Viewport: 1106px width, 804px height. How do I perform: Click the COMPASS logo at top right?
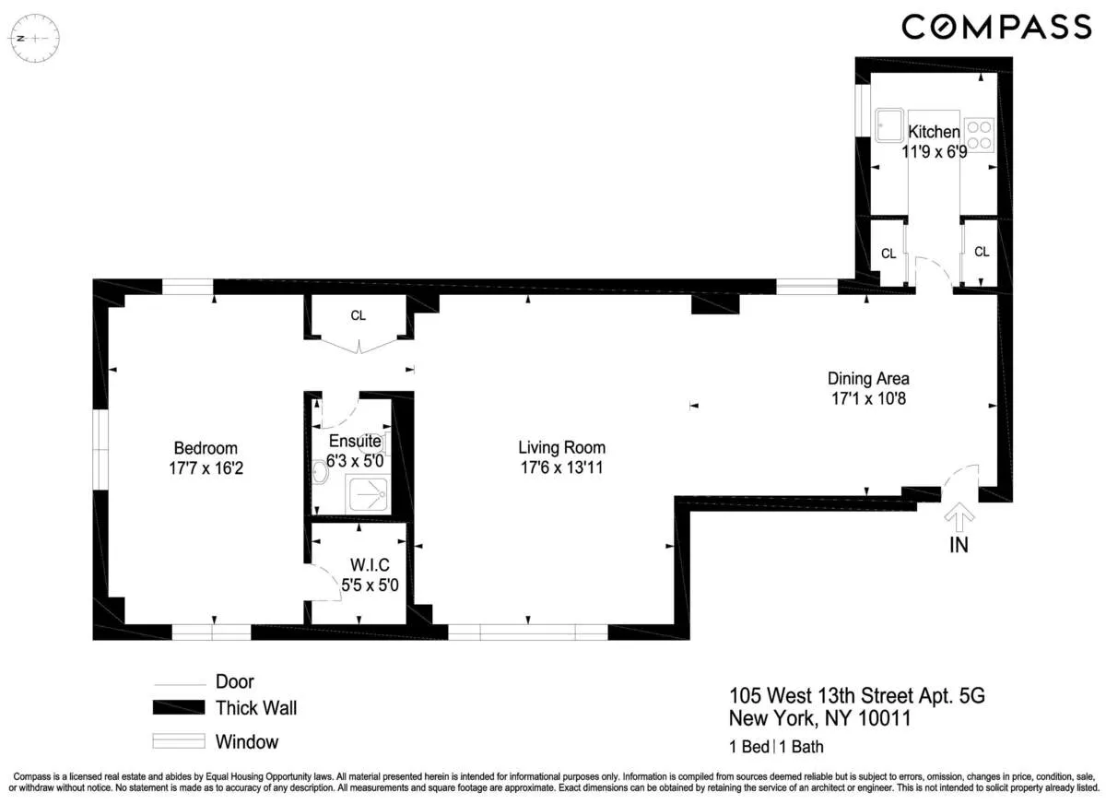pyautogui.click(x=995, y=27)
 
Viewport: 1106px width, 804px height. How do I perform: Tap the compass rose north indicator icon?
pyautogui.click(x=34, y=39)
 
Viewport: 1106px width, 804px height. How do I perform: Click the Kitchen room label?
pyautogui.click(x=934, y=133)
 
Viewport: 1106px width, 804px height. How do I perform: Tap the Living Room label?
pyautogui.click(x=561, y=448)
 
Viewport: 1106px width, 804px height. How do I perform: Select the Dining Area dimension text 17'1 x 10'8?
pyautogui.click(x=868, y=398)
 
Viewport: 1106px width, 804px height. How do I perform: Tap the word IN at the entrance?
pyautogui.click(x=959, y=545)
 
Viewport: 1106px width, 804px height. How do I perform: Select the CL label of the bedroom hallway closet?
pyautogui.click(x=358, y=315)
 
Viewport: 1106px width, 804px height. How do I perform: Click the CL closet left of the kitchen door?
pyautogui.click(x=888, y=254)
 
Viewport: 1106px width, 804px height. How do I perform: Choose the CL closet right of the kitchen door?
pyautogui.click(x=982, y=252)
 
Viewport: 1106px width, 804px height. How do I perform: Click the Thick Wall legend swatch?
pyautogui.click(x=178, y=708)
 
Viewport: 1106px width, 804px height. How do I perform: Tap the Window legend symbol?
pyautogui.click(x=178, y=741)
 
